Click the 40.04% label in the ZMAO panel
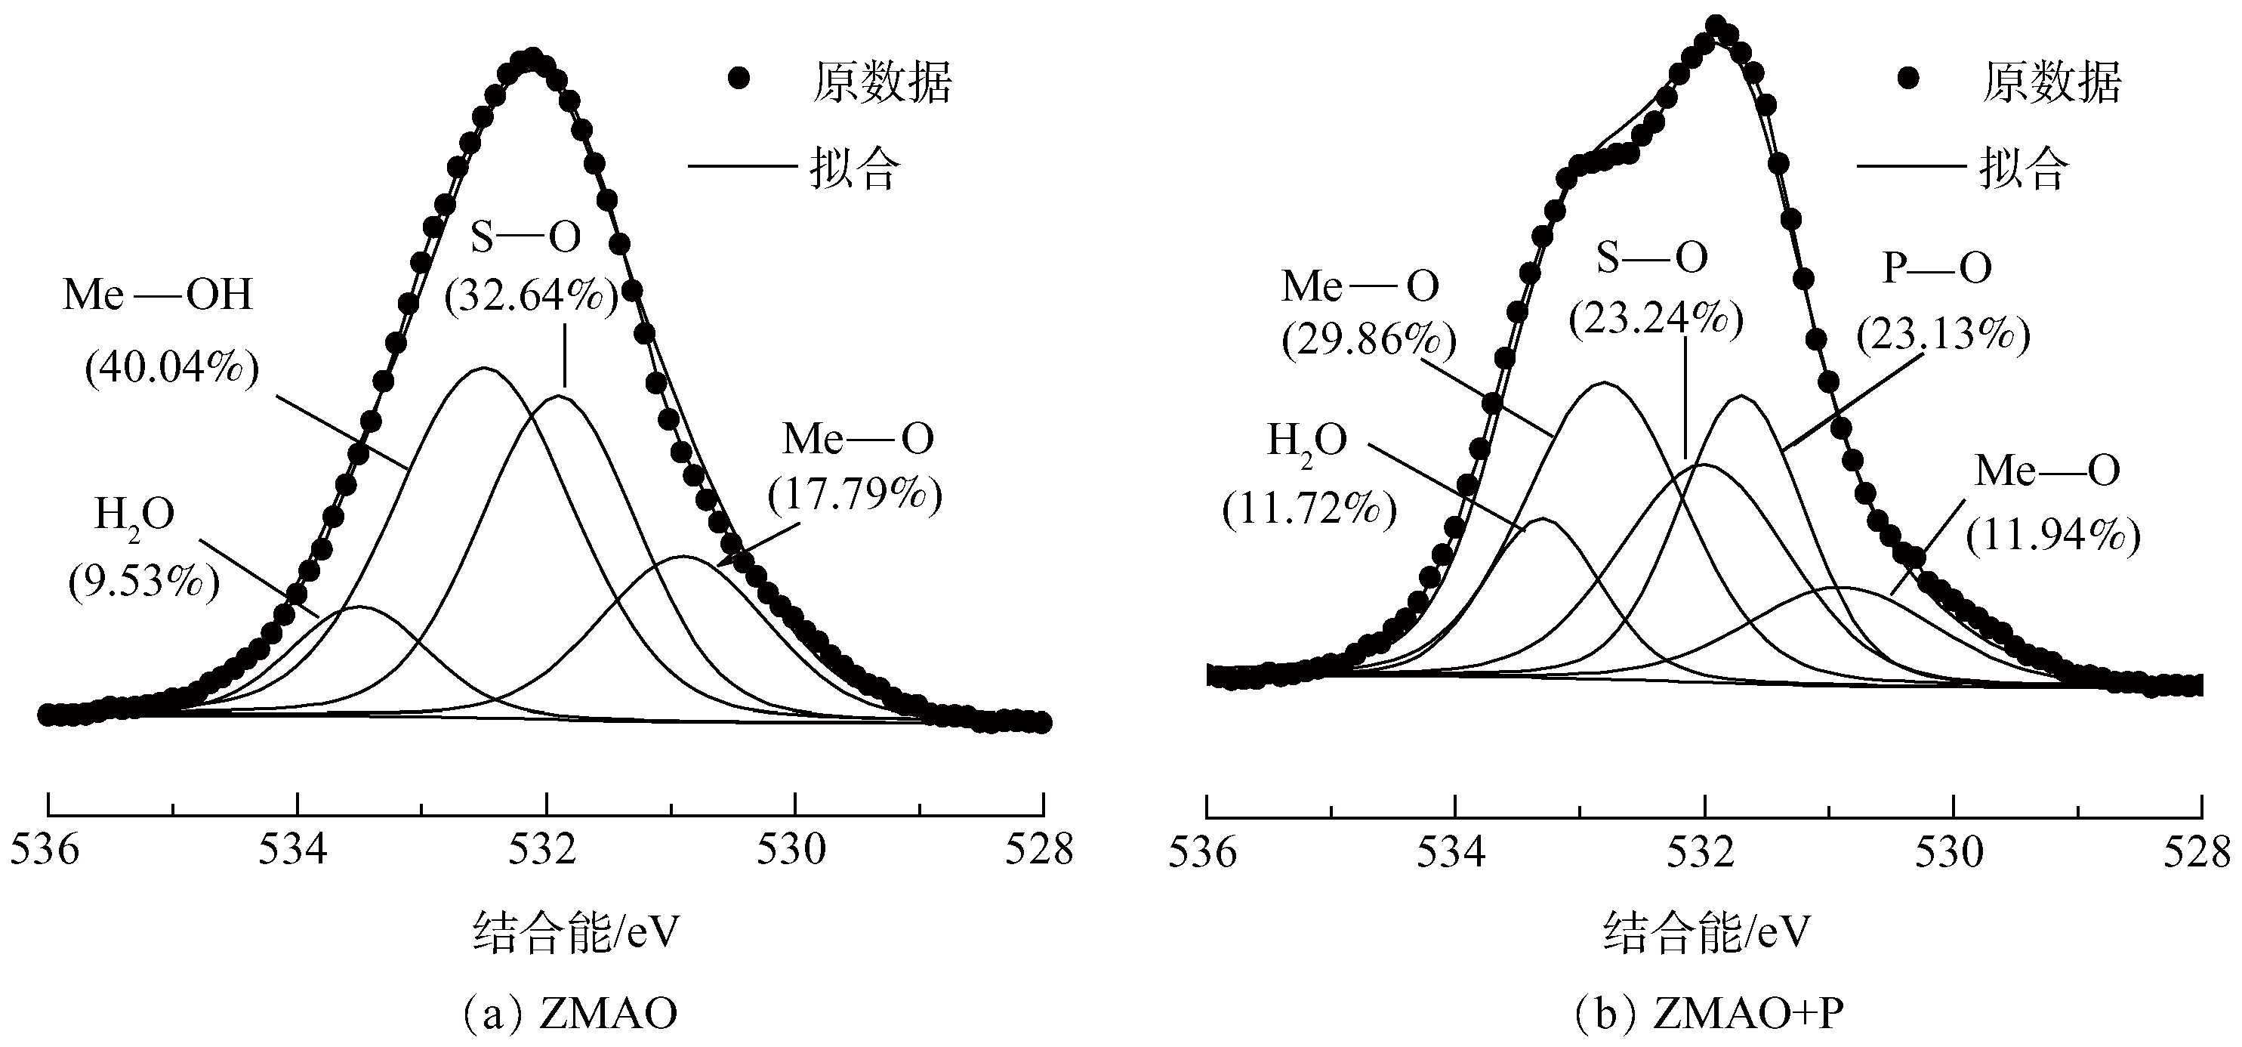(x=171, y=369)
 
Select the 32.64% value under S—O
(x=531, y=297)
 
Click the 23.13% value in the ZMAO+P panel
(x=1943, y=333)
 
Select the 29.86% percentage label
(x=1368, y=340)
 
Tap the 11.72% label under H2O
(x=1309, y=509)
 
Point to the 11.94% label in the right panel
(x=2052, y=536)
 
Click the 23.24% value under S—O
(x=1655, y=320)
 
